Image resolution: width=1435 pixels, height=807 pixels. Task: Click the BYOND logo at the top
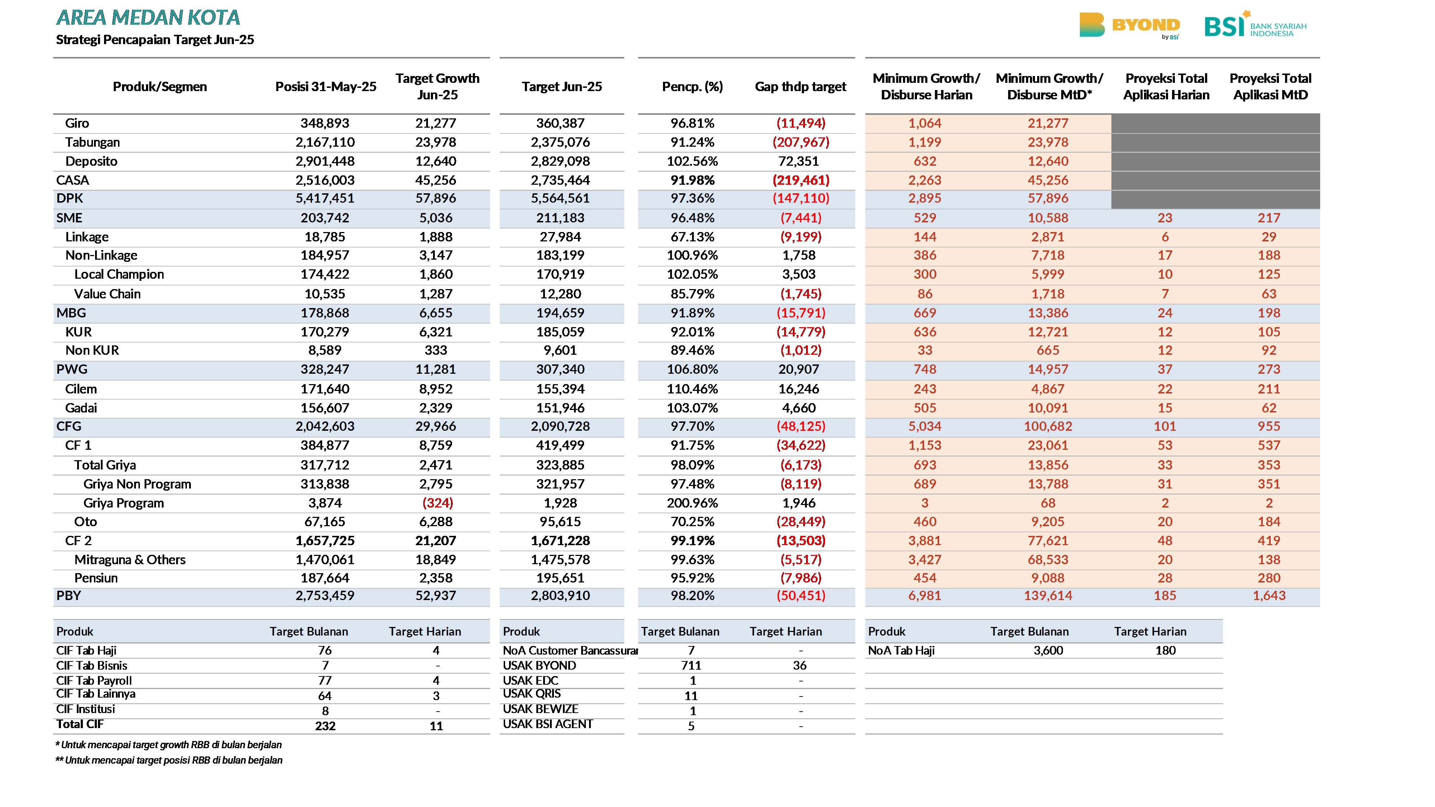point(1129,25)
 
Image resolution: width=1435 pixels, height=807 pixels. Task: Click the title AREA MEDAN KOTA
point(148,18)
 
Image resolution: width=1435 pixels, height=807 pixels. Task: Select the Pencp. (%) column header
point(692,86)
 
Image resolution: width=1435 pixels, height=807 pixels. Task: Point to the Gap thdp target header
point(800,86)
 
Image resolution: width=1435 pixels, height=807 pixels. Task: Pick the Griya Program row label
point(124,503)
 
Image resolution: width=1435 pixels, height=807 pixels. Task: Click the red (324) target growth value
point(437,503)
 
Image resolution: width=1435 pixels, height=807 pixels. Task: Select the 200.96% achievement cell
point(692,503)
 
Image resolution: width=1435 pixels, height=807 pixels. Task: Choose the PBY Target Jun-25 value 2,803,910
point(560,595)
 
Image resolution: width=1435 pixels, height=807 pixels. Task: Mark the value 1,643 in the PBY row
point(1269,595)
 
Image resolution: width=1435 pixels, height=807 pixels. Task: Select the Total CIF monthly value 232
point(325,726)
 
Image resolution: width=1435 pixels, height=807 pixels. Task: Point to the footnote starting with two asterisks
point(169,760)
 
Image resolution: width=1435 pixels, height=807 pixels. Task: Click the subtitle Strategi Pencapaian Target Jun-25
point(155,39)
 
